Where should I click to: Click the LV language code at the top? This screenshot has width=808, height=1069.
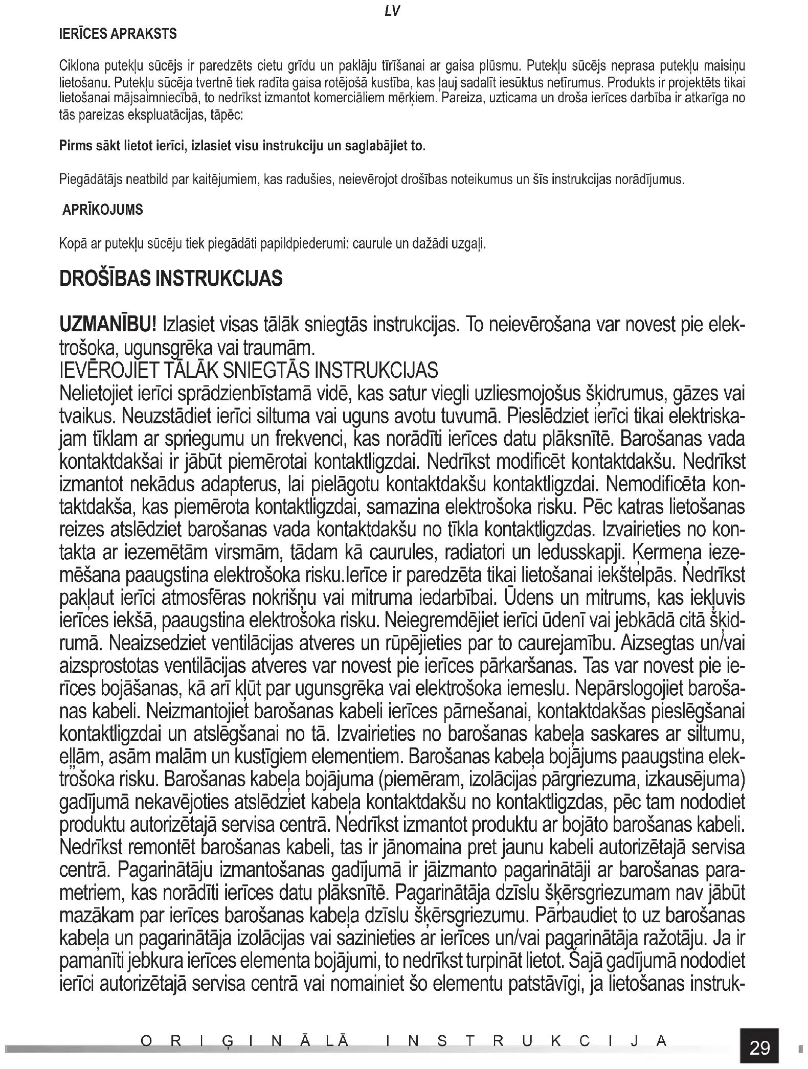click(392, 12)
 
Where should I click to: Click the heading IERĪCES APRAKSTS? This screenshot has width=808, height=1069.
click(118, 34)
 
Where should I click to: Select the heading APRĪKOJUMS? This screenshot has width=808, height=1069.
click(102, 210)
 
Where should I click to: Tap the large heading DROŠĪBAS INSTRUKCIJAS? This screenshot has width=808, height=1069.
click(171, 279)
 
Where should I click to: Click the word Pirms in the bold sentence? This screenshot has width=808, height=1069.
click(75, 146)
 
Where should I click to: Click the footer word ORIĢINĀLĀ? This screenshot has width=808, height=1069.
click(244, 1041)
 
